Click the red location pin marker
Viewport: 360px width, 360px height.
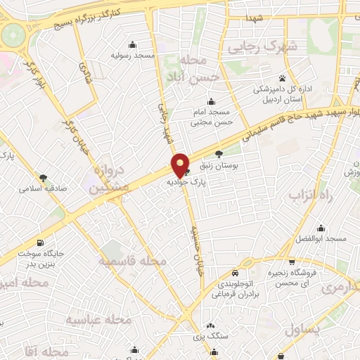point(180,165)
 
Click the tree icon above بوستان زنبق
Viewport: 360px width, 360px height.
point(219,153)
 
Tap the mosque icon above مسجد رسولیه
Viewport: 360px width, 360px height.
point(134,44)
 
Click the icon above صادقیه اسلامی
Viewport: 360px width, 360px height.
point(44,178)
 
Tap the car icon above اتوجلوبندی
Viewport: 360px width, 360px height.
point(236,273)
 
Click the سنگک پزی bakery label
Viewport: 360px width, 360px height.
point(212,337)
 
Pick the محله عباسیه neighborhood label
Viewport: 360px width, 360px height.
point(100,321)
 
